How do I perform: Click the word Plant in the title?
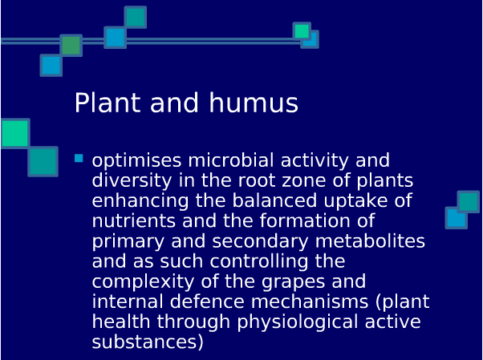pyautogui.click(x=108, y=103)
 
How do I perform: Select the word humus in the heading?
pyautogui.click(x=254, y=103)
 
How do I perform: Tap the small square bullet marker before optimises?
pyautogui.click(x=79, y=158)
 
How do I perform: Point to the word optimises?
pyautogui.click(x=136, y=161)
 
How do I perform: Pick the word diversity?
pyautogui.click(x=132, y=181)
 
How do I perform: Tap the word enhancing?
pyautogui.click(x=140, y=201)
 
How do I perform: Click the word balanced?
pyautogui.click(x=274, y=200)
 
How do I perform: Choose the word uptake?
pyautogui.click(x=355, y=201)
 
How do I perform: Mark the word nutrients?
pyautogui.click(x=134, y=220)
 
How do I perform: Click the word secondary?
pyautogui.click(x=260, y=241)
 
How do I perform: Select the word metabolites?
pyautogui.click(x=370, y=241)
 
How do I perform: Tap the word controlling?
pyautogui.click(x=259, y=261)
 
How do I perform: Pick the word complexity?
pyautogui.click(x=144, y=281)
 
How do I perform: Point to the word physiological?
pyautogui.click(x=298, y=322)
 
